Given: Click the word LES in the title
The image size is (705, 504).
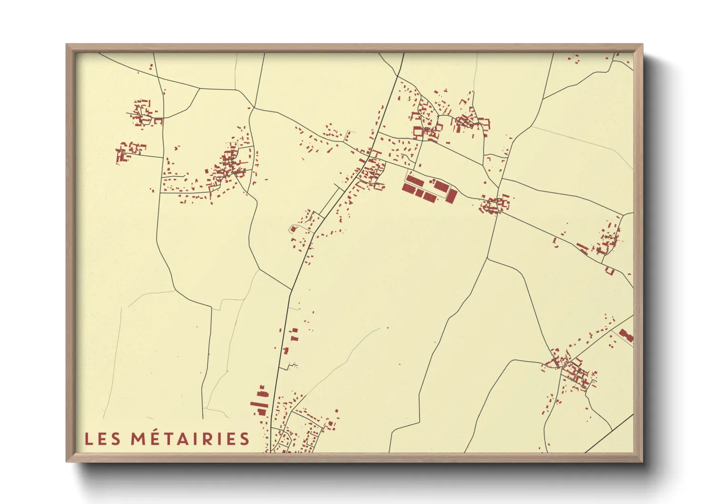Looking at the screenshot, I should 102,439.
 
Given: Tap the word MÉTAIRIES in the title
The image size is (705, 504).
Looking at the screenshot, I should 191,438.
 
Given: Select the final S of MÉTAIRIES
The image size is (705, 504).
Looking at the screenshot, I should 245,439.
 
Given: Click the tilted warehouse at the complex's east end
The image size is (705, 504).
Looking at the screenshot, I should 452,196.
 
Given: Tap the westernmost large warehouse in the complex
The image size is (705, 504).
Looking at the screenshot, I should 407,188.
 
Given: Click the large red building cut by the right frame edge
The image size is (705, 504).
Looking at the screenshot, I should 626,335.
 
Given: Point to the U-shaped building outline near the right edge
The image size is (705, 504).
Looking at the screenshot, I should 610,271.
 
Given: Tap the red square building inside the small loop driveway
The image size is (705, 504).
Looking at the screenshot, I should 293,229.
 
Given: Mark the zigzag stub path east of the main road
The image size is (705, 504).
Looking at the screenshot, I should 291,366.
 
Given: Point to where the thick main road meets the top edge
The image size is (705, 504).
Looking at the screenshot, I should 403,53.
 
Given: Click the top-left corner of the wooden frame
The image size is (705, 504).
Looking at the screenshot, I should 67,45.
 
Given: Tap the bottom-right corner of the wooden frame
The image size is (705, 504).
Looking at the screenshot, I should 642,461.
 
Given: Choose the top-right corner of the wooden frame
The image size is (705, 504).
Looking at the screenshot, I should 642,45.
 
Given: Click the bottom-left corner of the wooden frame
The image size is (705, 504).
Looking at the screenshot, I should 67,461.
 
